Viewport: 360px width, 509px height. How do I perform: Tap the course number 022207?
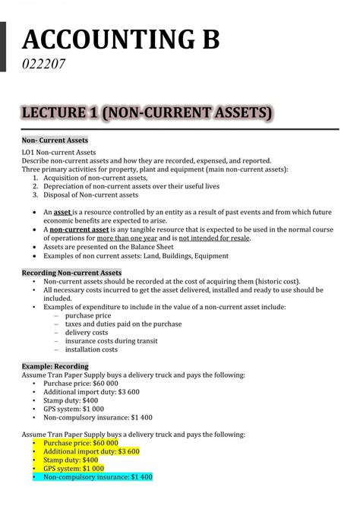click(x=43, y=65)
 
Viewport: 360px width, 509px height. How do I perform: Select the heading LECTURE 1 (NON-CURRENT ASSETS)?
click(x=146, y=113)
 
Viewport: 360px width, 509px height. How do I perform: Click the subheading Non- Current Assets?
click(x=55, y=141)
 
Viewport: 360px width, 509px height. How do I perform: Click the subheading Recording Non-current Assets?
click(x=71, y=273)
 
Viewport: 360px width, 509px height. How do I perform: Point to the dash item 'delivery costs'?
click(x=87, y=333)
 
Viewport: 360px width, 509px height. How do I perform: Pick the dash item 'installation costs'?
click(x=91, y=350)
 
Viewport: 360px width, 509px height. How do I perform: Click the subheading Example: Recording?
click(x=55, y=366)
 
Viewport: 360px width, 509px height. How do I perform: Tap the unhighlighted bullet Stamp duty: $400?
click(x=71, y=400)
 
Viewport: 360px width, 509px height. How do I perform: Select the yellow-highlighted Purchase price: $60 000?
click(x=81, y=442)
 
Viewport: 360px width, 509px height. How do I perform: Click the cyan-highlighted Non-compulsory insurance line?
click(x=98, y=477)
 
